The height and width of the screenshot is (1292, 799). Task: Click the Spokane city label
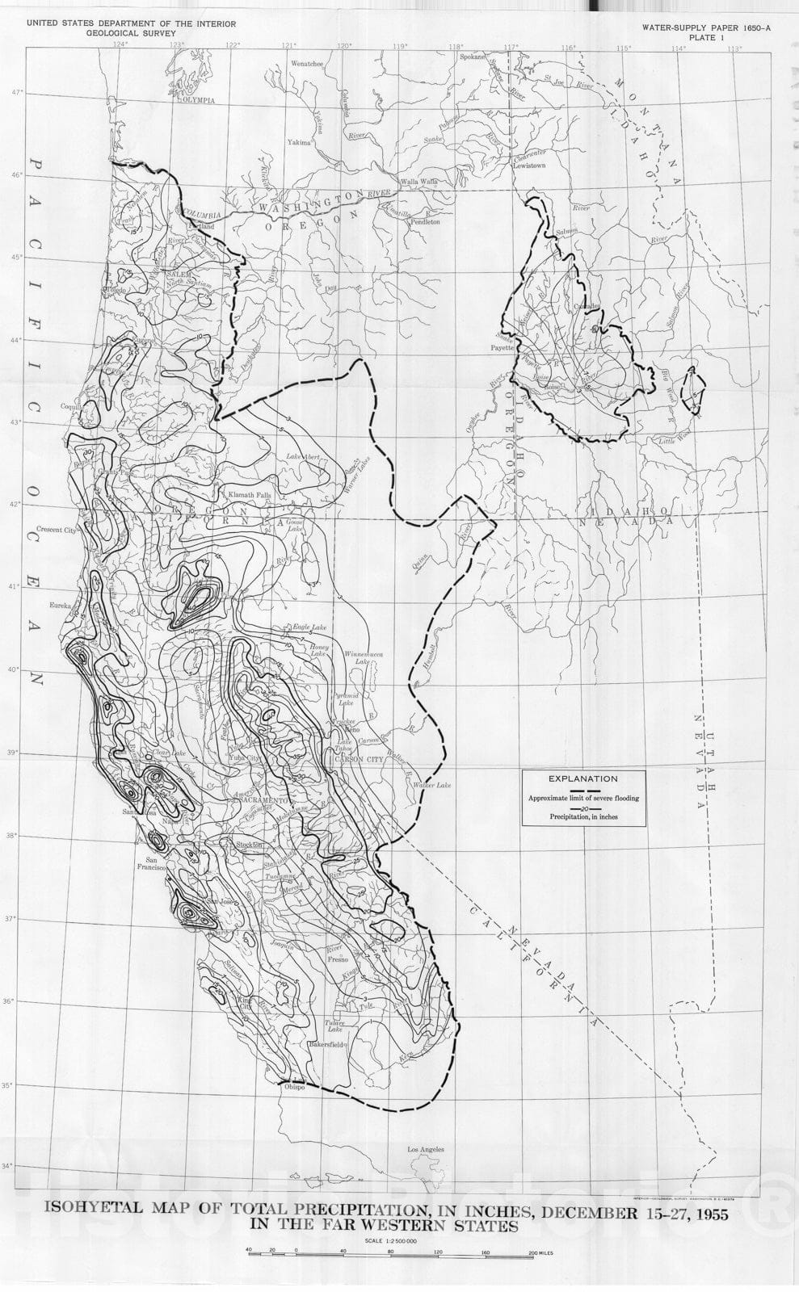[473, 57]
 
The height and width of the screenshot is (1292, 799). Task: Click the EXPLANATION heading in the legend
[582, 779]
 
